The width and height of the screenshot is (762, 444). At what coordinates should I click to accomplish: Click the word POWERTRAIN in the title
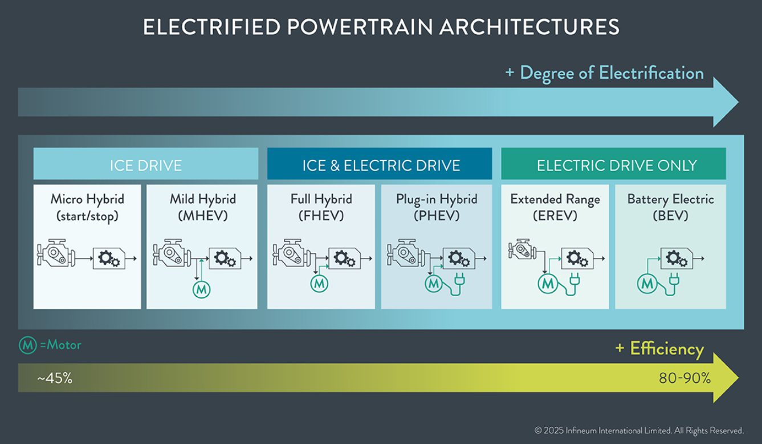(360, 27)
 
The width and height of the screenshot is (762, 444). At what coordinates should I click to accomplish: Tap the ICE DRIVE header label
(145, 166)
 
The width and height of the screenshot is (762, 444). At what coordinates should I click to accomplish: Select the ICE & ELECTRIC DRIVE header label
(381, 166)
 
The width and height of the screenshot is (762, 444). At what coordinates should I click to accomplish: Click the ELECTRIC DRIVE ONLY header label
(617, 166)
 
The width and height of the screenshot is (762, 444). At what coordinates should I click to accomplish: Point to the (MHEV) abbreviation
(203, 216)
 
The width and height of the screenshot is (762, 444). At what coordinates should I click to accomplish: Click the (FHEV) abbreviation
(321, 216)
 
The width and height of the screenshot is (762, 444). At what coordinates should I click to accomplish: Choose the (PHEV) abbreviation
(437, 216)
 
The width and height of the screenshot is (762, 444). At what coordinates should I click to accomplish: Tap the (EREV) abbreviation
(555, 216)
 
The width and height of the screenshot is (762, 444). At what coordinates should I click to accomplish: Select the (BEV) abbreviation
(670, 216)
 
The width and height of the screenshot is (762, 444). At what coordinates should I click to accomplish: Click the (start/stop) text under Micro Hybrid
(87, 216)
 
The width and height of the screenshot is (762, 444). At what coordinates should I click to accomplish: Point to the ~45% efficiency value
(55, 378)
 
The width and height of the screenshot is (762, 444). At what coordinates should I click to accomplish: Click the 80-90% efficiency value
(685, 378)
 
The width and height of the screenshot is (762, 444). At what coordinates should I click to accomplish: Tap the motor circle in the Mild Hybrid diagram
(201, 290)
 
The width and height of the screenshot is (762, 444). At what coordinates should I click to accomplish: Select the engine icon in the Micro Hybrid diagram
(56, 253)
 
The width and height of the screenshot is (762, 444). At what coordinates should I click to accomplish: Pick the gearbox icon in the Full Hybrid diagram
(344, 259)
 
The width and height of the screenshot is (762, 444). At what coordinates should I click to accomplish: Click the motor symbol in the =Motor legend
(27, 345)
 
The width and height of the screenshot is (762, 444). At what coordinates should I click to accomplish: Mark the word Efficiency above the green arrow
(667, 349)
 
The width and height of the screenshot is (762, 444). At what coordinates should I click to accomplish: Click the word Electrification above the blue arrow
(651, 73)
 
